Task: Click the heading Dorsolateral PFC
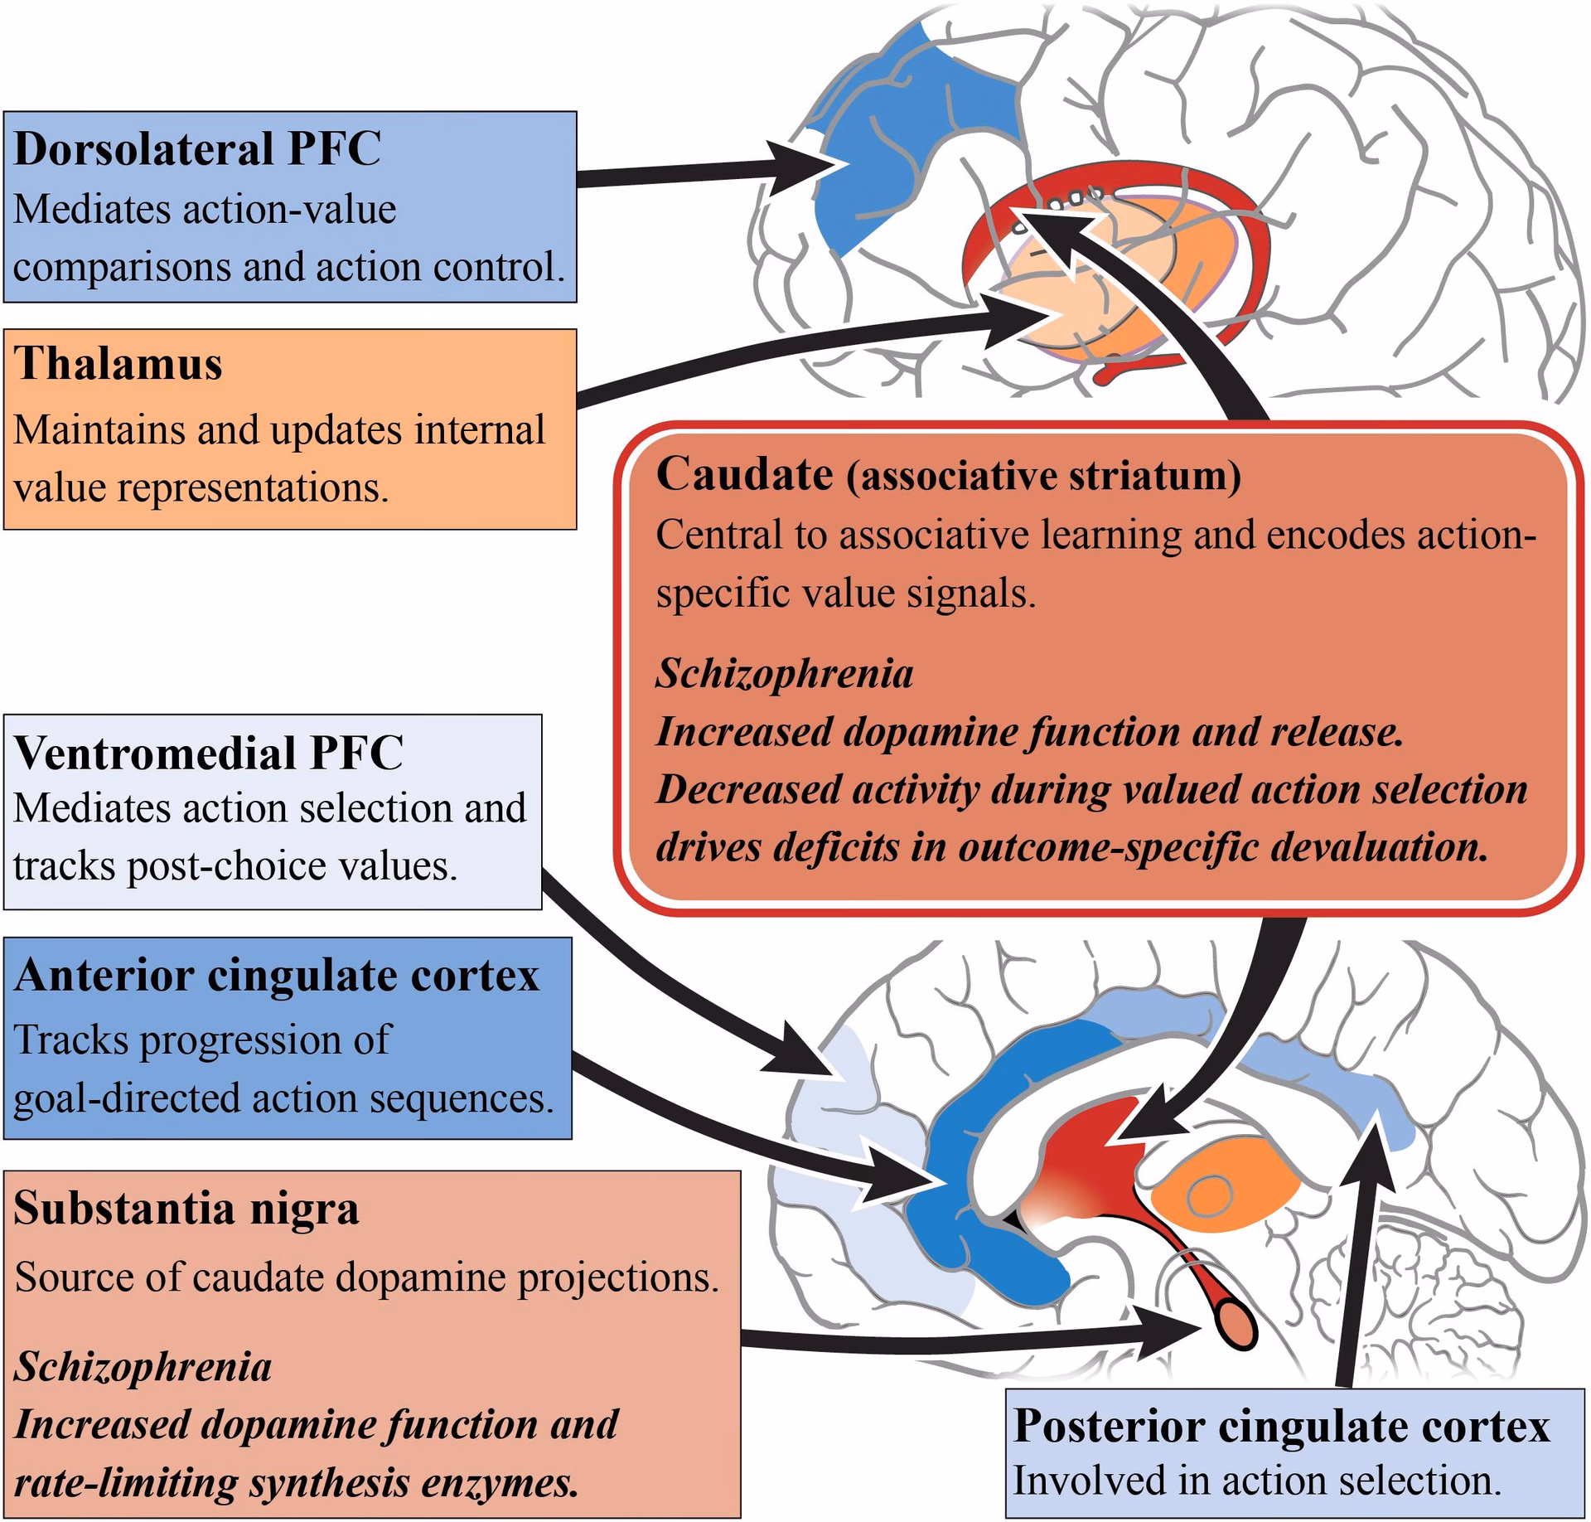[197, 150]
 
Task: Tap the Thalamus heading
[118, 364]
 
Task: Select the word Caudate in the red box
[744, 475]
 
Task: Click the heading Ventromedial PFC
[208, 753]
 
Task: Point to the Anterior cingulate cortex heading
[276, 975]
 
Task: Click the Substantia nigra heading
[186, 1208]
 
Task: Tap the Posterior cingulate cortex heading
[1281, 1426]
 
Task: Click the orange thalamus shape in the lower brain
[1210, 1194]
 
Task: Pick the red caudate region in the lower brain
[1086, 1161]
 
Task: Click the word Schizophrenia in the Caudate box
[784, 673]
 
